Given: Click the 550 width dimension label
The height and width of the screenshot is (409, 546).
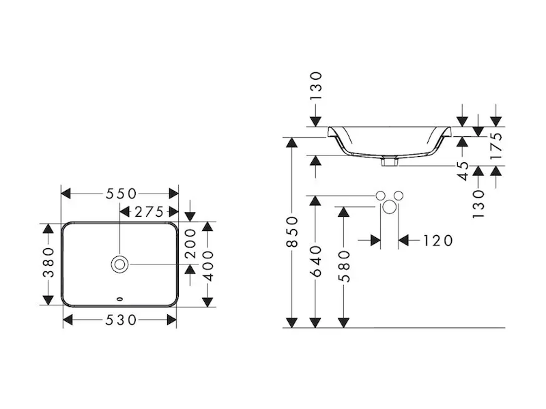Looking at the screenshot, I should (120, 194).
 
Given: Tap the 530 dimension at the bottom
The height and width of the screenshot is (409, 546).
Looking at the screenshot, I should (120, 319).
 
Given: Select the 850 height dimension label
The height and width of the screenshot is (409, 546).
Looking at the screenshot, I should (292, 232).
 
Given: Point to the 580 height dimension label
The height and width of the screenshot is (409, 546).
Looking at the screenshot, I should (344, 266).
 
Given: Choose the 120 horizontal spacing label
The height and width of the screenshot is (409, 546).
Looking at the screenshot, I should (438, 240).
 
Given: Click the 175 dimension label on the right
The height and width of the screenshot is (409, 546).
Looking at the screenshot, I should (496, 145).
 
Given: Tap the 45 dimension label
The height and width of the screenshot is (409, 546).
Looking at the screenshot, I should (463, 170).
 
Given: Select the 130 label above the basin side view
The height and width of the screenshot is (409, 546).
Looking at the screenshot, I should (315, 85).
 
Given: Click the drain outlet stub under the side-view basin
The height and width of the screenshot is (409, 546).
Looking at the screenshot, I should (390, 162).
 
